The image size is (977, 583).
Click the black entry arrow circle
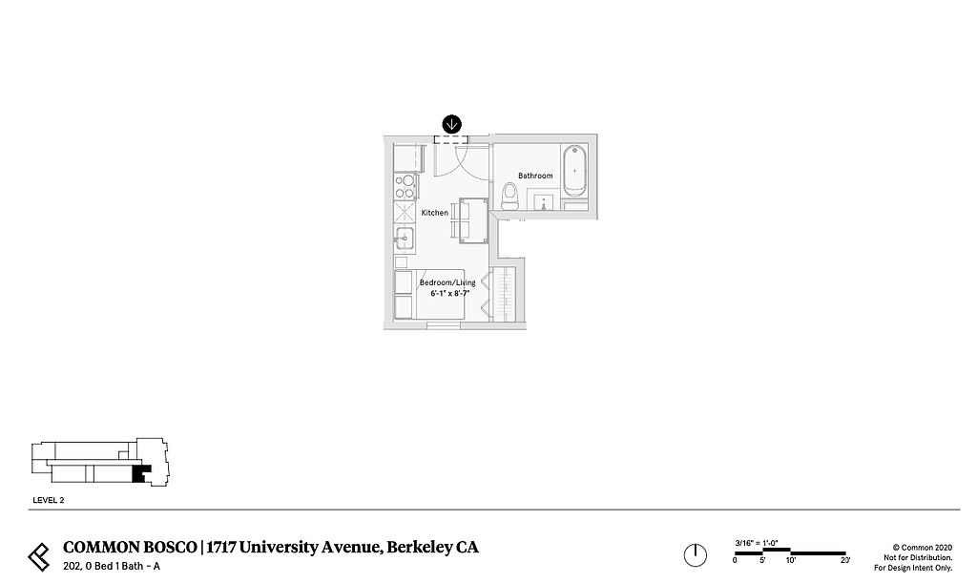point(452,123)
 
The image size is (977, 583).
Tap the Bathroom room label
point(535,176)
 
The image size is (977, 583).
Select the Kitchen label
point(434,213)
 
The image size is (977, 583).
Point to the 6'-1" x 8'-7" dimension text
point(449,294)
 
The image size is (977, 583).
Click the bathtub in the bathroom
point(574,170)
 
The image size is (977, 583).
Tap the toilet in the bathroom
point(509,197)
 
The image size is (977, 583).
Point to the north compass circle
point(695,554)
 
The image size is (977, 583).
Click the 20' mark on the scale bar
point(844,560)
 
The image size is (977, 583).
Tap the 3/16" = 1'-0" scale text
point(757,543)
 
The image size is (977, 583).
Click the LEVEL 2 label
point(48,499)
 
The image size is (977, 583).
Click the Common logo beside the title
point(39,554)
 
